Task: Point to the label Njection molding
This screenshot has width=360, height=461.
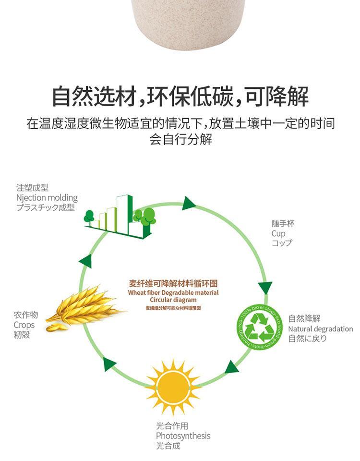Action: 47,198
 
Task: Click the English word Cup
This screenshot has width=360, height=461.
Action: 278,234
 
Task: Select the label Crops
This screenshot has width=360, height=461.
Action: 24,325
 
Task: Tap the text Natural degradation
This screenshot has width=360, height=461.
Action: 320,329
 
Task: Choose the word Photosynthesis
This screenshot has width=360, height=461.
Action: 183,436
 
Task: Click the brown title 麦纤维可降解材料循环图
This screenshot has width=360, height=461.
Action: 173,284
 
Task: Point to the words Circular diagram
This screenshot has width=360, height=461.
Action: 173,300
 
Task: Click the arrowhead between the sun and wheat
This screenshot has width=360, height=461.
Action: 109,364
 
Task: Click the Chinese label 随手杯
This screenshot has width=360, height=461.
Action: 282,224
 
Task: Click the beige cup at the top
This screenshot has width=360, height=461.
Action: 188,22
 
